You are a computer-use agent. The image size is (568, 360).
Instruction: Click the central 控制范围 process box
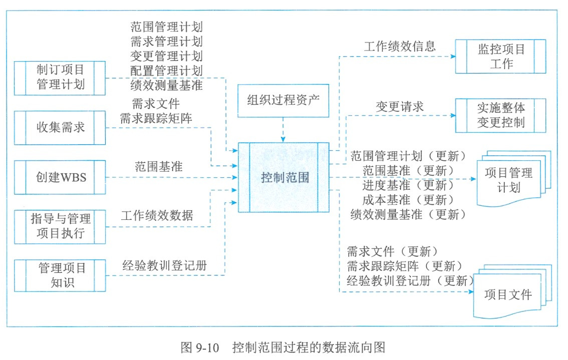coord(283,177)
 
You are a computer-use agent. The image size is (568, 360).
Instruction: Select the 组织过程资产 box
coord(283,101)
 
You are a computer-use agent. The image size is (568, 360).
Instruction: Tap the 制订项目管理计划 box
coord(60,78)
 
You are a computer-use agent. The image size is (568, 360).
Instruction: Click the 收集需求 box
coord(60,128)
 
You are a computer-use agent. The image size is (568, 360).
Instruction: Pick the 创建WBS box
coord(60,177)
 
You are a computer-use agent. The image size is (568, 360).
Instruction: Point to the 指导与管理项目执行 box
coord(60,227)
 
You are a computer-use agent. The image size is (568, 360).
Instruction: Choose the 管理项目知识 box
coord(60,275)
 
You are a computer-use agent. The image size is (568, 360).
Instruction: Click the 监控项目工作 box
coord(500,57)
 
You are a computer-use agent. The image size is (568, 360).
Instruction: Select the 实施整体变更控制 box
coord(500,116)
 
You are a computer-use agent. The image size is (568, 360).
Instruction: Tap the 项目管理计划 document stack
coord(514,179)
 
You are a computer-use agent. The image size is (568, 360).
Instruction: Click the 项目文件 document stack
coord(512,291)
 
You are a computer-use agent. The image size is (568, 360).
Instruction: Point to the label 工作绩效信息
coord(400,47)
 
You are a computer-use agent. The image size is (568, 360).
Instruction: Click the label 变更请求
coord(400,107)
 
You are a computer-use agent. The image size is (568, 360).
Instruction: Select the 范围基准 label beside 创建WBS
coord(159,167)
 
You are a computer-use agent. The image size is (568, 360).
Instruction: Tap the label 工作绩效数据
coord(157,215)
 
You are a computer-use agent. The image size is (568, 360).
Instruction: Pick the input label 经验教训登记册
coord(165,265)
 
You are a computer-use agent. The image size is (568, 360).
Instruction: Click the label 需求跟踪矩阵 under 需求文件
coord(156,119)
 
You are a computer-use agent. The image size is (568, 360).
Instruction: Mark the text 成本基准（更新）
coord(408,200)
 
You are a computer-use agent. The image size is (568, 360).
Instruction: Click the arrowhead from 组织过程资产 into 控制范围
coord(283,139)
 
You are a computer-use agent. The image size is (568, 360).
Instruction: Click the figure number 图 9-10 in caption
coord(200,347)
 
